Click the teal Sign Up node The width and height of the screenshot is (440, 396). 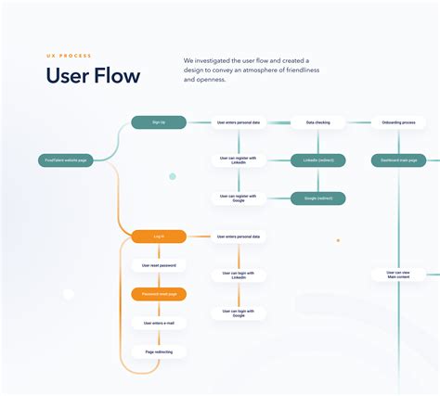[x=159, y=121]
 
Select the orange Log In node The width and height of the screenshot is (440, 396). [x=159, y=236]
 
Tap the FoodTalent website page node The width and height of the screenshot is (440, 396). [x=65, y=160]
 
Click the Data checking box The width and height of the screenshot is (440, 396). [x=317, y=121]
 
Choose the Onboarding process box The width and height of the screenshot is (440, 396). [x=397, y=121]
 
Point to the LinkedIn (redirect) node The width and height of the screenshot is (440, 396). [x=317, y=160]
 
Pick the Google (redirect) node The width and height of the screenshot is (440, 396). [x=317, y=198]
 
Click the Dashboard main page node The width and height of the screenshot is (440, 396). [x=397, y=160]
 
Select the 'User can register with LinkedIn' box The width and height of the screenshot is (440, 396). [x=239, y=160]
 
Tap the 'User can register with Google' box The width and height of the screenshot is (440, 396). [x=239, y=198]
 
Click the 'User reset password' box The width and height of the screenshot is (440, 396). [x=159, y=265]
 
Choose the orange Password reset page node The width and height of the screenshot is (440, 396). [x=159, y=294]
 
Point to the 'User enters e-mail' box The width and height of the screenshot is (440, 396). [x=159, y=323]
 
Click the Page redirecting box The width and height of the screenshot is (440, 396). [x=159, y=351]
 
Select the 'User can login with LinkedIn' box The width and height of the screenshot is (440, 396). [x=239, y=275]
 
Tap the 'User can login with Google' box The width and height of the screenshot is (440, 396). [x=239, y=313]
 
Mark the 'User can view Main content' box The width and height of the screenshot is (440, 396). [x=397, y=275]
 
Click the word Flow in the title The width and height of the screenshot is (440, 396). [x=116, y=76]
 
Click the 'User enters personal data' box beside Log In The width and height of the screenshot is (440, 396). [x=239, y=236]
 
